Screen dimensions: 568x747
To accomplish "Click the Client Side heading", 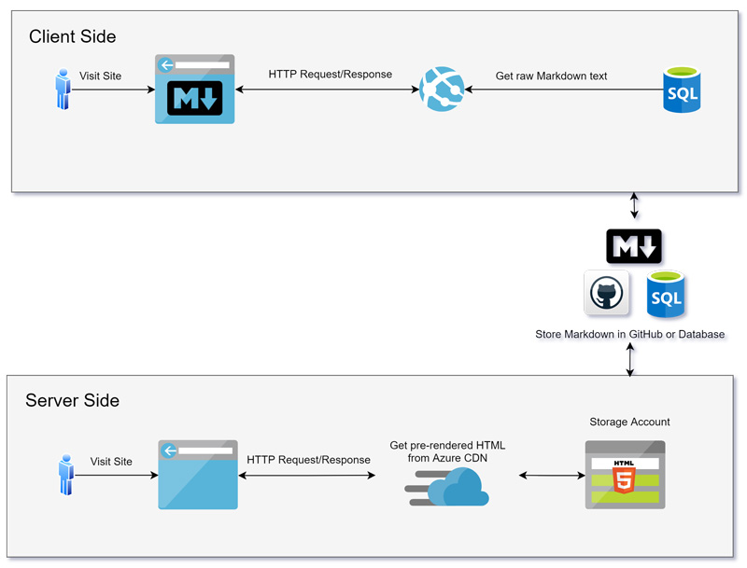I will pyautogui.click(x=73, y=37).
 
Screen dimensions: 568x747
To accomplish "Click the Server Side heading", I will pyautogui.click(x=72, y=401).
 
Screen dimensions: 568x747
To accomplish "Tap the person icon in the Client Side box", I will pyautogui.click(x=63, y=89).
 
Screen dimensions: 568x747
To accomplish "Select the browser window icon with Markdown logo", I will pyautogui.click(x=194, y=90).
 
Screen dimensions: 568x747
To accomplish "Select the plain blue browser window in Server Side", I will pyautogui.click(x=197, y=475).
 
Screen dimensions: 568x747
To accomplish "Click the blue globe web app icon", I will pyautogui.click(x=442, y=90).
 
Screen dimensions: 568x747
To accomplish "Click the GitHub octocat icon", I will pyautogui.click(x=606, y=295).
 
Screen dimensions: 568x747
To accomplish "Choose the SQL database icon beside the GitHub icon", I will pyautogui.click(x=665, y=295).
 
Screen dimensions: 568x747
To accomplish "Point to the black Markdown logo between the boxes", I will pyautogui.click(x=634, y=245).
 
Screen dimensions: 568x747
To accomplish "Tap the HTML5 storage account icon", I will pyautogui.click(x=625, y=475).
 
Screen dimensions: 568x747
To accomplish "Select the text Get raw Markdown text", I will pyautogui.click(x=551, y=76).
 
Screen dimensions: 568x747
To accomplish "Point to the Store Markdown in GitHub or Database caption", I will pyautogui.click(x=629, y=334).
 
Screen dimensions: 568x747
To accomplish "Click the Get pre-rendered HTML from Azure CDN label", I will pyautogui.click(x=447, y=451).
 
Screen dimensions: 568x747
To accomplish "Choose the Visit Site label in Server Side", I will pyautogui.click(x=111, y=462).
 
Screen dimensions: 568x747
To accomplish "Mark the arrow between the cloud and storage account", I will pyautogui.click(x=551, y=476).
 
